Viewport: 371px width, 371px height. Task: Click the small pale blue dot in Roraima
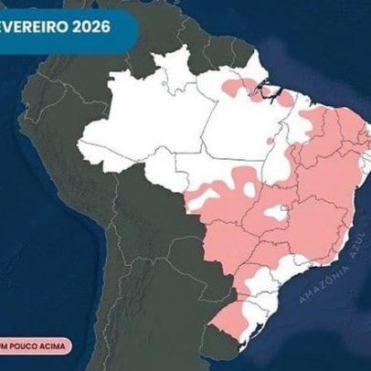pyautogui.click(x=164, y=84)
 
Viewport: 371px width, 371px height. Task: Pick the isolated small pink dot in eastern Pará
pyautogui.click(x=269, y=142)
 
